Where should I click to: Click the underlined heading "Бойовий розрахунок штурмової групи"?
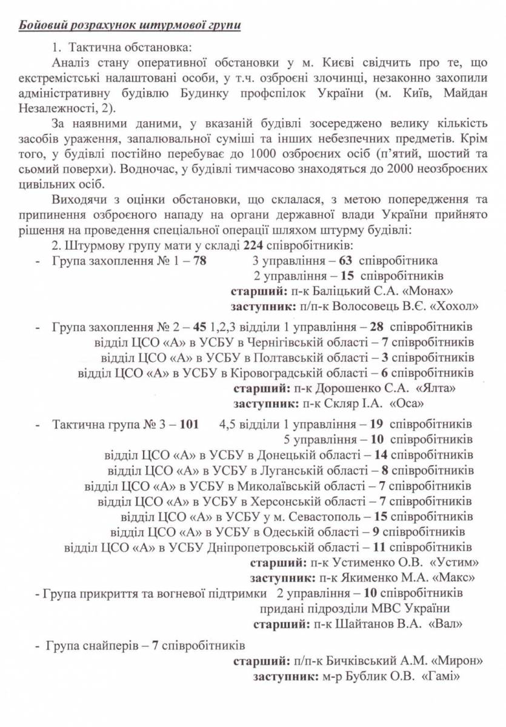point(130,25)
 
